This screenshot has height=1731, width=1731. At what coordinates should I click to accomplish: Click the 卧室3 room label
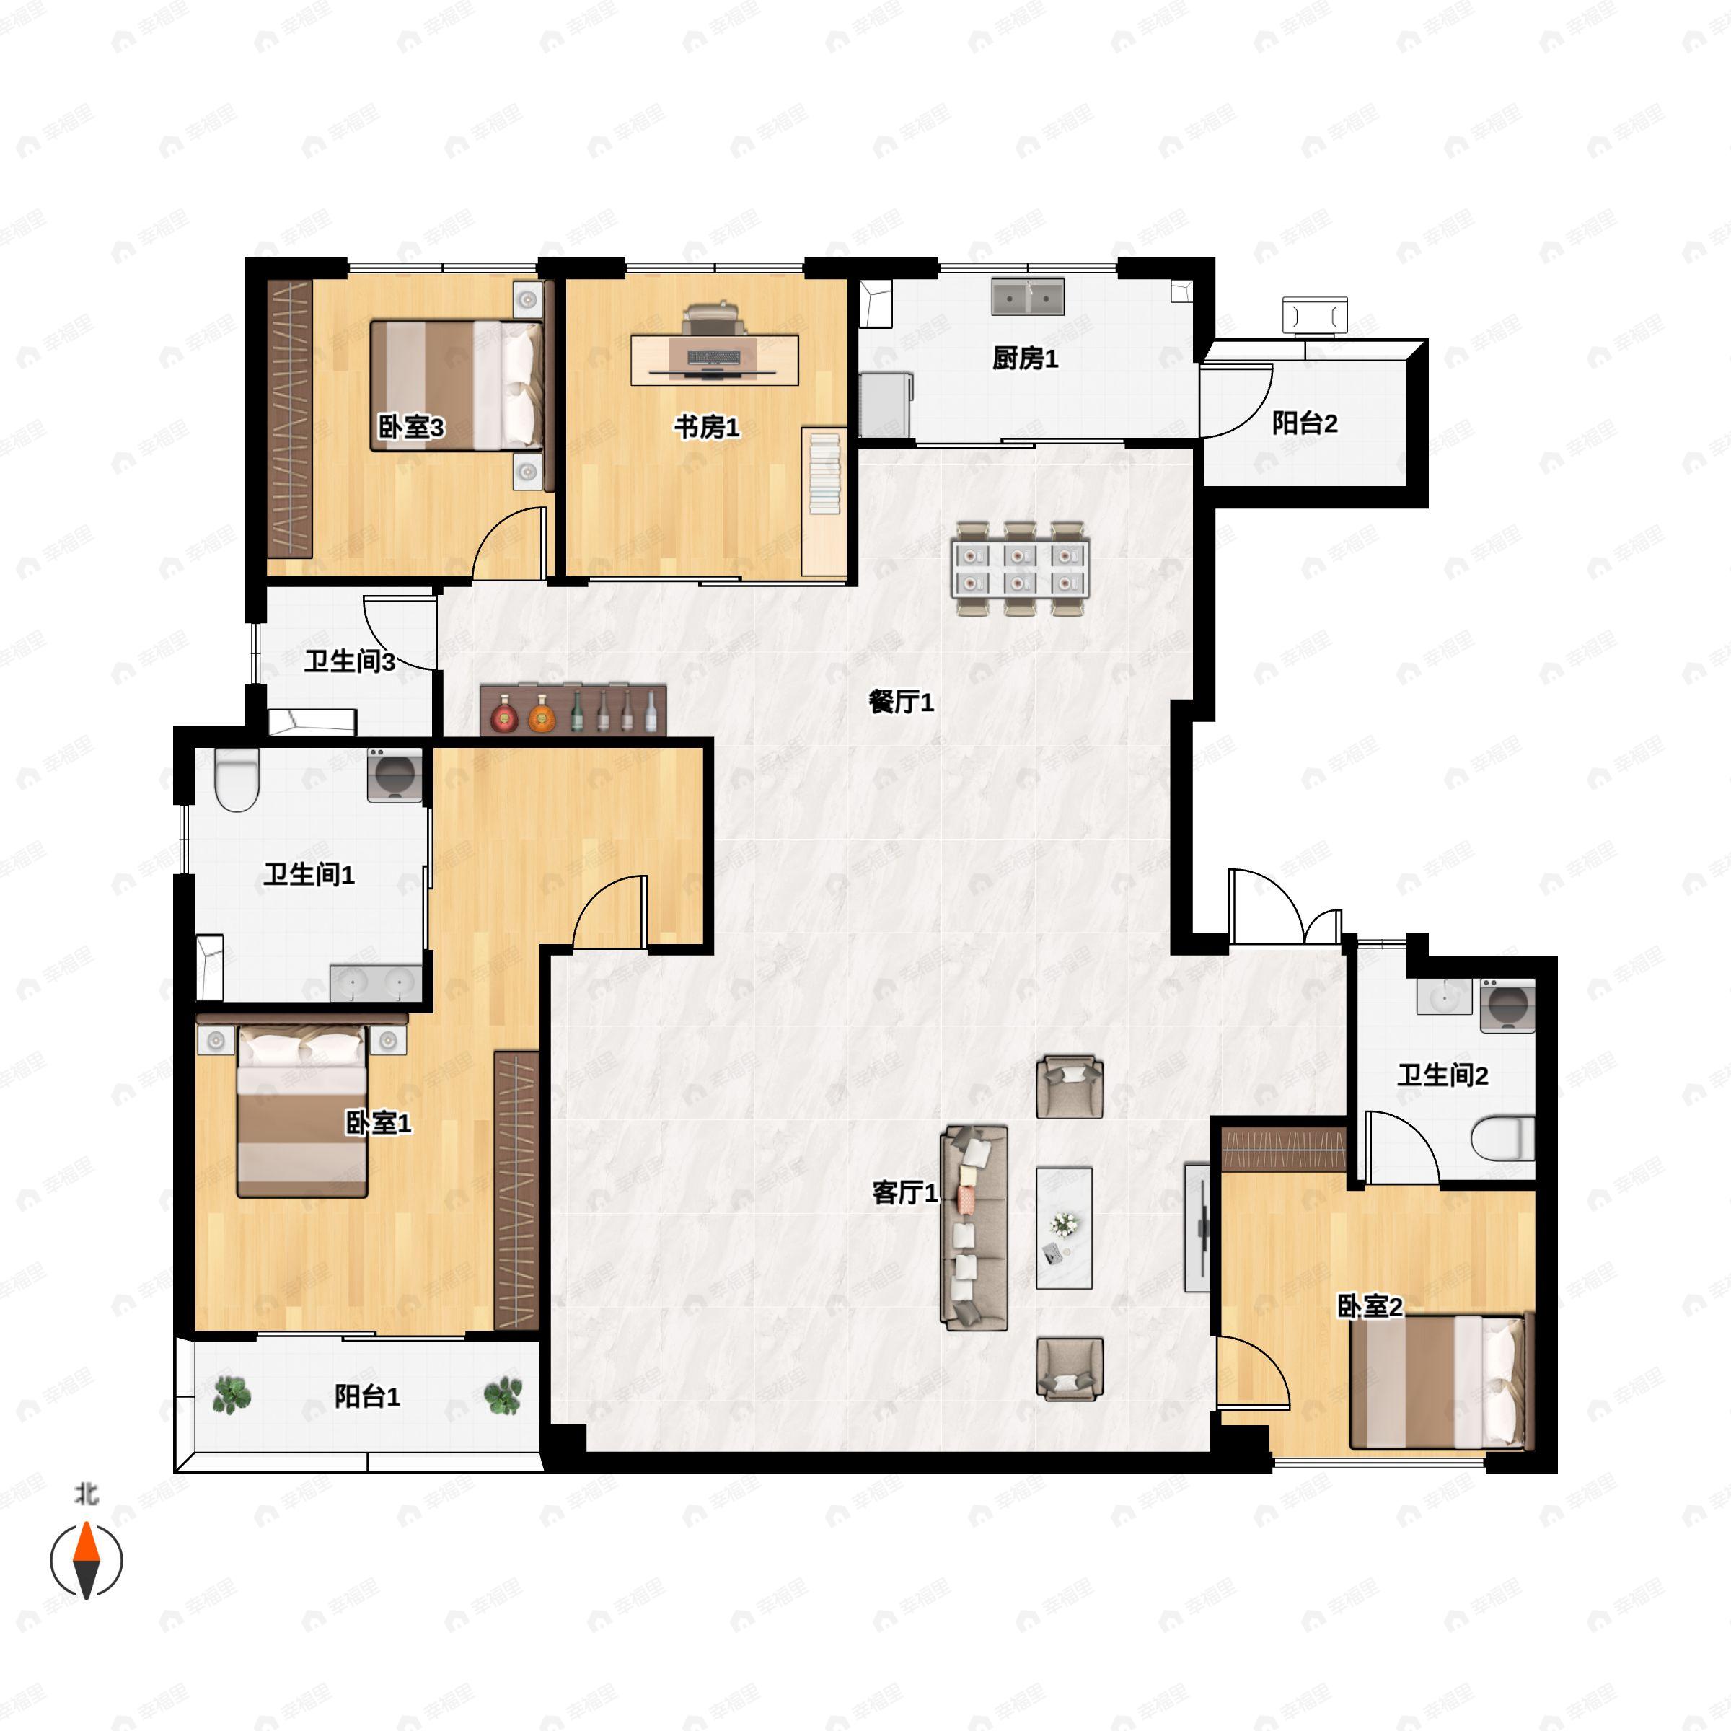coord(410,428)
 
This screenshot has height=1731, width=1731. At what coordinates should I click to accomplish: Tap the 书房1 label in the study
coord(707,428)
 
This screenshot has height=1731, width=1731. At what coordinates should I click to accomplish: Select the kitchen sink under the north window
coord(1028,296)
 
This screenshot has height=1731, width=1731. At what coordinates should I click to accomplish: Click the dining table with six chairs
coord(1021,568)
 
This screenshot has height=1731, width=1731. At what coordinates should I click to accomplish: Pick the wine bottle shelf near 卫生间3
coord(573,710)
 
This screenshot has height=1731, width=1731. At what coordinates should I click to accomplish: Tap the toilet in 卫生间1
coord(237,780)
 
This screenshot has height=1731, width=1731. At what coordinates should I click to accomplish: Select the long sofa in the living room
coord(974,1228)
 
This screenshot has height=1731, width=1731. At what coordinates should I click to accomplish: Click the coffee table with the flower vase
coord(1065,1228)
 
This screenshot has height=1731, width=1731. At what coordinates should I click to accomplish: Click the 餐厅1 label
coord(902,702)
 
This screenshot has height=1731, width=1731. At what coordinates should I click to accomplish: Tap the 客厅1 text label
coord(905,1192)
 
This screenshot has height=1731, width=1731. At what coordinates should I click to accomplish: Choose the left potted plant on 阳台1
coord(232,1395)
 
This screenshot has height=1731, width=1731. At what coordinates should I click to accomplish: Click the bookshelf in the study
coord(824,502)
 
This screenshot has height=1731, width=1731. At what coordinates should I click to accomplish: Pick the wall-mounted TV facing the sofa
coord(1198,1228)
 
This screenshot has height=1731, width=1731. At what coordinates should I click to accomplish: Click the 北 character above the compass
coord(86,1494)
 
